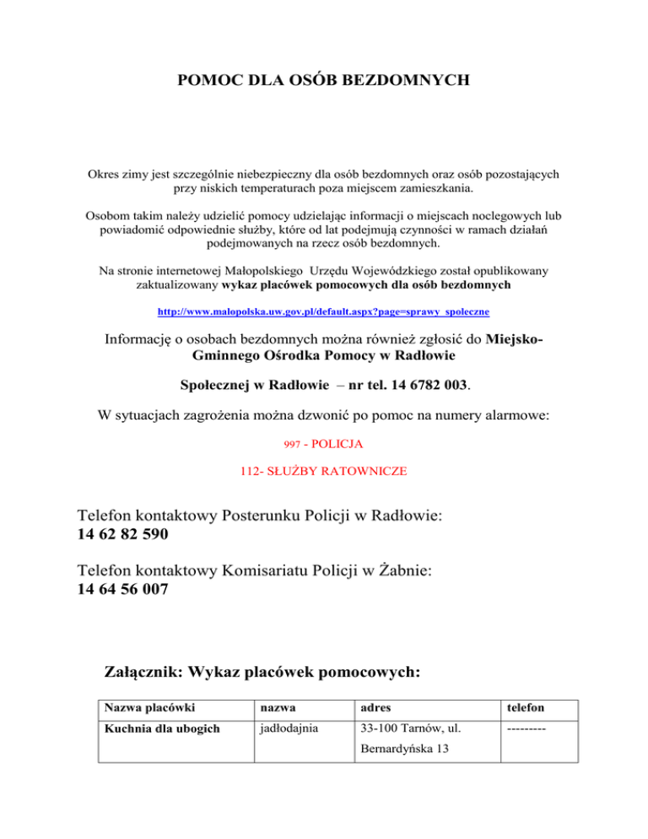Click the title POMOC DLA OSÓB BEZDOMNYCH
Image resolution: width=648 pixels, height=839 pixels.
pyautogui.click(x=324, y=81)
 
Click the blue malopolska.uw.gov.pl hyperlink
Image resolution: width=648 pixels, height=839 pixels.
pyautogui.click(x=324, y=311)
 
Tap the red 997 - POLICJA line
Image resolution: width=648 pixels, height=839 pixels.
pyautogui.click(x=324, y=442)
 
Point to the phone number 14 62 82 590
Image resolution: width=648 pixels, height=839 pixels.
pyautogui.click(x=122, y=534)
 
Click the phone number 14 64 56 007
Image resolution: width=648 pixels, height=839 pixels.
pyautogui.click(x=122, y=591)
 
